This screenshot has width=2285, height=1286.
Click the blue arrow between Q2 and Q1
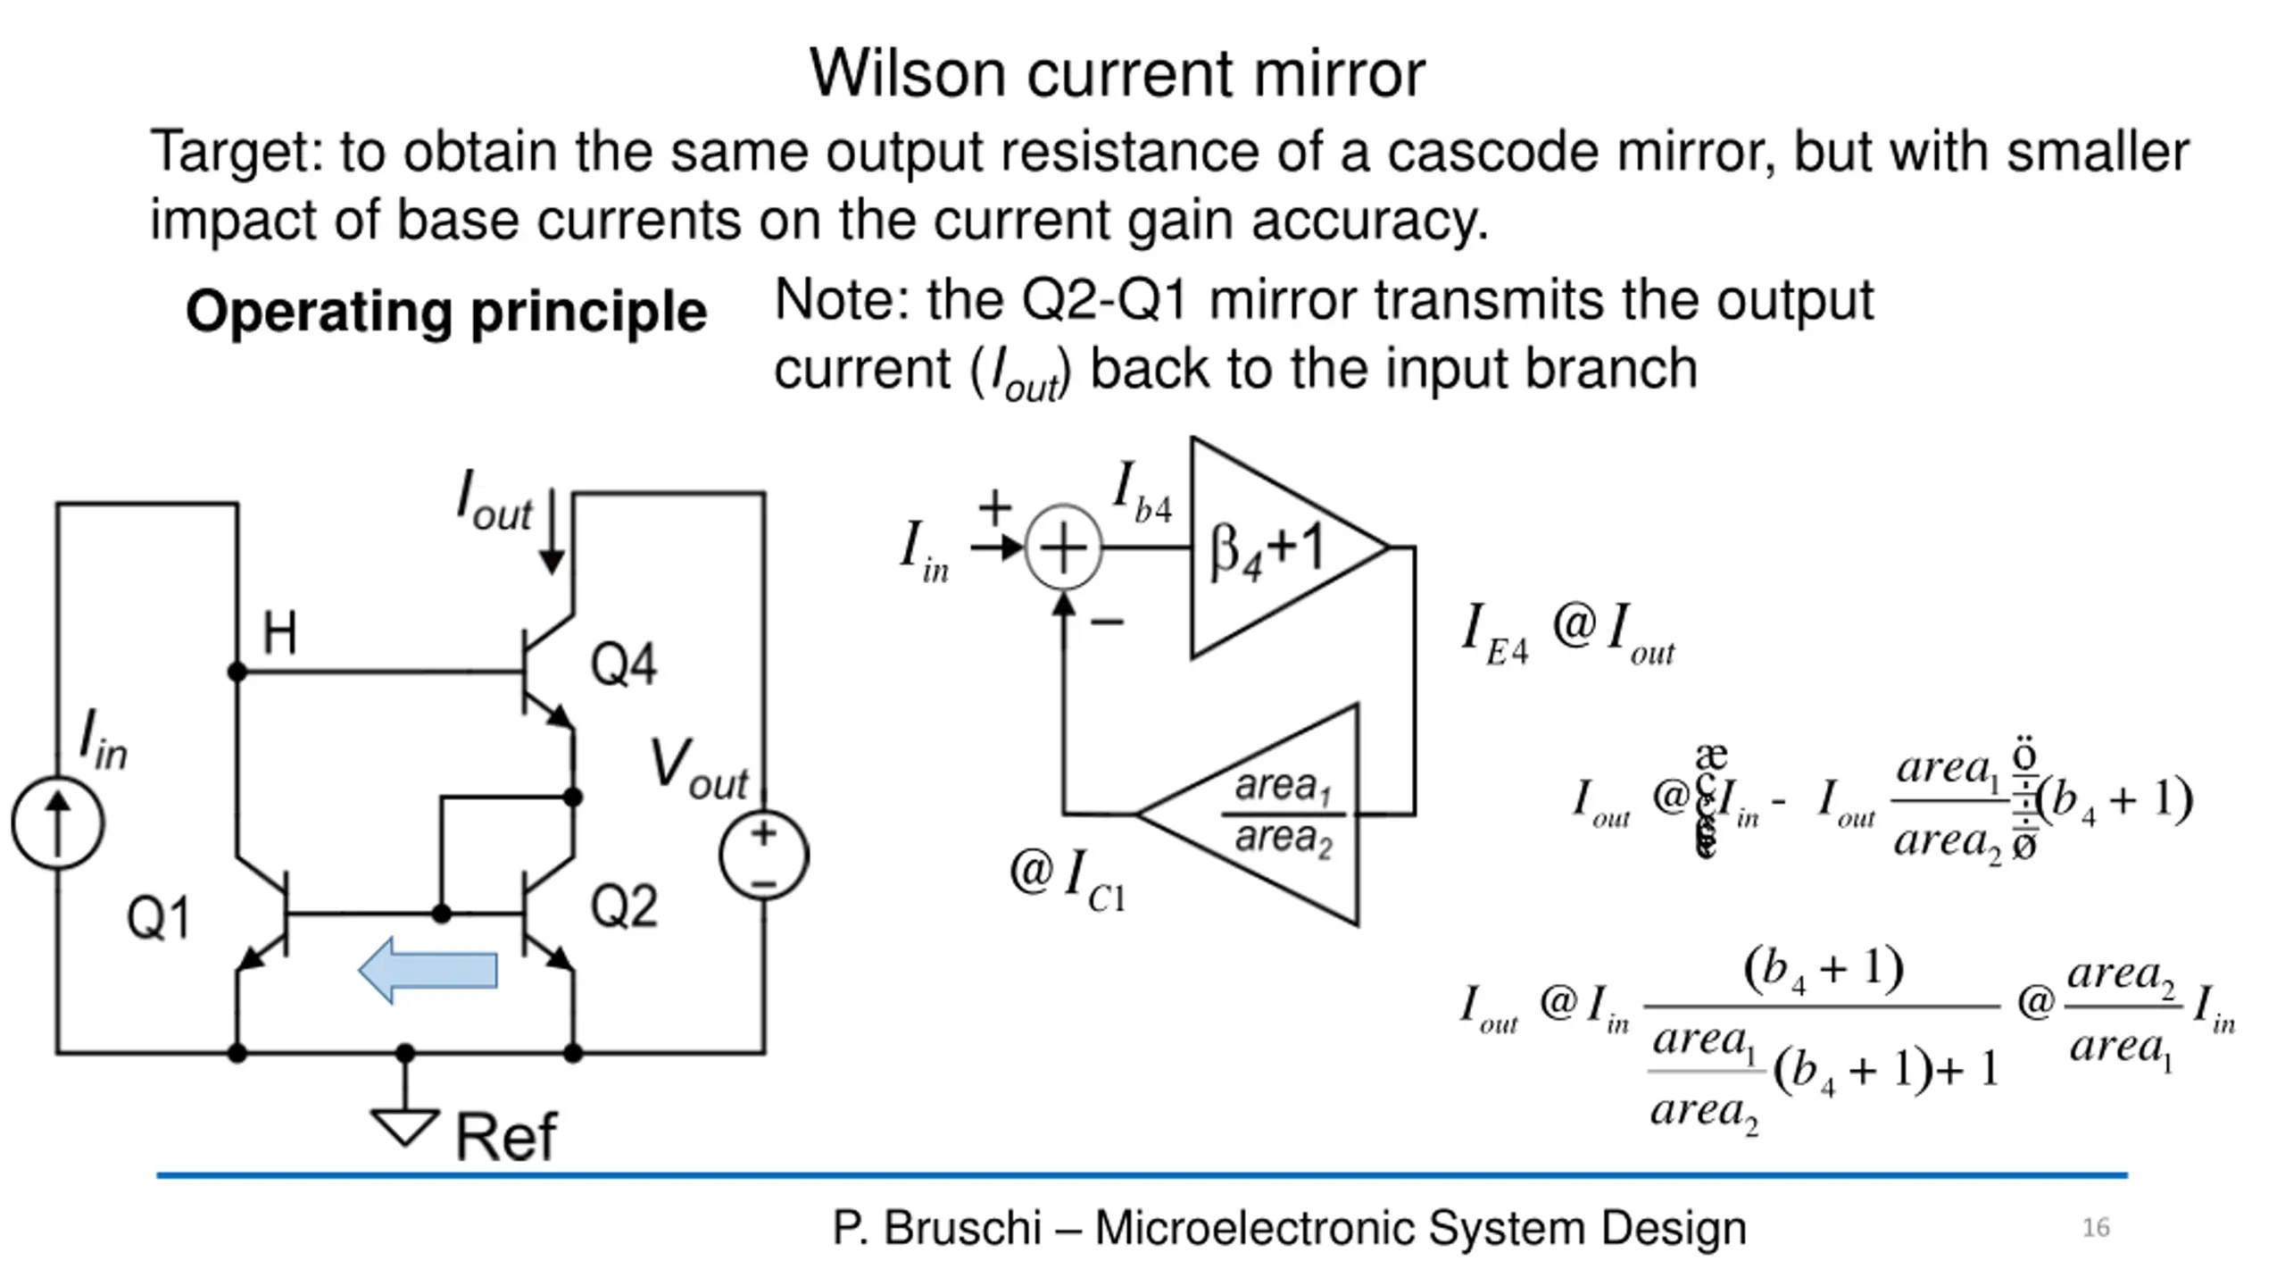coord(428,970)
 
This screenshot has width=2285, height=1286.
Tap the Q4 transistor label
coord(623,664)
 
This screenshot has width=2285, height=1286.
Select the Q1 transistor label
coord(158,917)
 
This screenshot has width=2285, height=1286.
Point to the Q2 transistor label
coord(624,906)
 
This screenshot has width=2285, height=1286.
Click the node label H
coord(279,632)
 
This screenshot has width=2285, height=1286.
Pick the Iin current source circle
coord(58,822)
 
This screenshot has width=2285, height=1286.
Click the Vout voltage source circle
coord(764,855)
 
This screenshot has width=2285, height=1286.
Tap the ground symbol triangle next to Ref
coord(404,1125)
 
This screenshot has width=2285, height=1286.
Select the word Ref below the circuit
coord(506,1137)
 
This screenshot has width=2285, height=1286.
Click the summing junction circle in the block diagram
coord(1063,547)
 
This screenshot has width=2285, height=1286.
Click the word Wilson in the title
coord(908,73)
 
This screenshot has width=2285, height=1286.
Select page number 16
coord(2096,1228)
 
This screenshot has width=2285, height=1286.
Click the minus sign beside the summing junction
coord(1108,622)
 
